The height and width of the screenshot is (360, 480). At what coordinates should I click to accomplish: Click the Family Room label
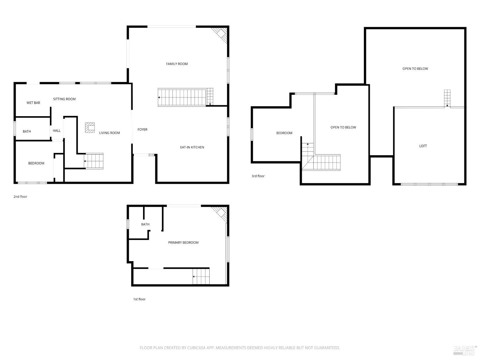pos(177,64)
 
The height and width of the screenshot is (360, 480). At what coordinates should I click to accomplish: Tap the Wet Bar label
pos(33,103)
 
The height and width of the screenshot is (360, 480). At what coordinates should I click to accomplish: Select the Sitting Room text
pos(64,99)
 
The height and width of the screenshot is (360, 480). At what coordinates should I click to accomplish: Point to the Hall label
pos(57,131)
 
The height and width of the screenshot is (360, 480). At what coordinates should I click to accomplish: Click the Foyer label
pos(142,129)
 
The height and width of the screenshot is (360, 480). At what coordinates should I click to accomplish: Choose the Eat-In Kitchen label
pos(192,147)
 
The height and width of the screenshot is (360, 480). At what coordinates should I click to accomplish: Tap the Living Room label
pos(109,133)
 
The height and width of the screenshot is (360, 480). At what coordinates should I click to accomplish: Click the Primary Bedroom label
pos(183,243)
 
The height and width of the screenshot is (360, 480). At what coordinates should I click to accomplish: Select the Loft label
pos(423,146)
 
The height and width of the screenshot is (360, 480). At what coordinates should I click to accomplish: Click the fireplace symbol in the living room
pos(90,128)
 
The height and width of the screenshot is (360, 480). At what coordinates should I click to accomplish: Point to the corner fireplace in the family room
pos(220,35)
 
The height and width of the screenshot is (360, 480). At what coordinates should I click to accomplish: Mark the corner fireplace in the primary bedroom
pos(220,214)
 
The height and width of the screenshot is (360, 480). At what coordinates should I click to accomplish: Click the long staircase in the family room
pos(185,97)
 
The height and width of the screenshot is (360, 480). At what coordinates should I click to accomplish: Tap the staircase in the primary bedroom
pos(201,276)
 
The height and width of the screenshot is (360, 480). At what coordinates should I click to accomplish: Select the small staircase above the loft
pos(447,98)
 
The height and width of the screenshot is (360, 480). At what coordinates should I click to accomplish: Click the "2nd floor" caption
pos(20,196)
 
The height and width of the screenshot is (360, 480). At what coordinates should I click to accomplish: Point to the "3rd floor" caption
pos(258,176)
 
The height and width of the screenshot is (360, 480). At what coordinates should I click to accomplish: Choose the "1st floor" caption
pos(139,299)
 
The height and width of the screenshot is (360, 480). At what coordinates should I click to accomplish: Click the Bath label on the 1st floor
pos(145,224)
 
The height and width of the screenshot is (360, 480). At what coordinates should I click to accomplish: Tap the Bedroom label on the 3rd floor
pos(284,133)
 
